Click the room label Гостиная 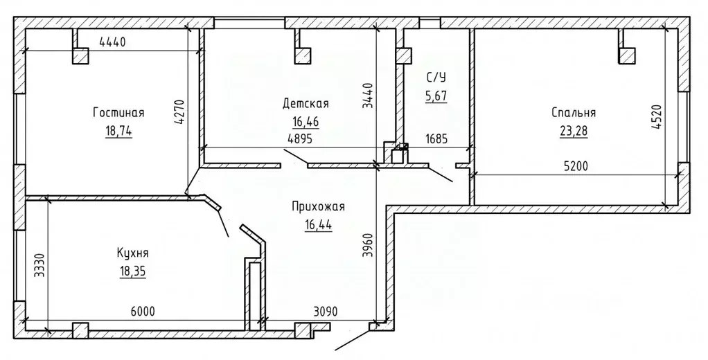118,113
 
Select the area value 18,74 118,131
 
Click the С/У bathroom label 436,78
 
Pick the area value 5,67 436,96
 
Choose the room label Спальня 574,113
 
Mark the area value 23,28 574,131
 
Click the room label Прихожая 318,207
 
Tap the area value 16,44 319,225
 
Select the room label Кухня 132,253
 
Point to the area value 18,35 133,271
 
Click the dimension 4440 112,42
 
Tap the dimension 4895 300,139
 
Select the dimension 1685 436,139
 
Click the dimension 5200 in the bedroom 576,167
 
